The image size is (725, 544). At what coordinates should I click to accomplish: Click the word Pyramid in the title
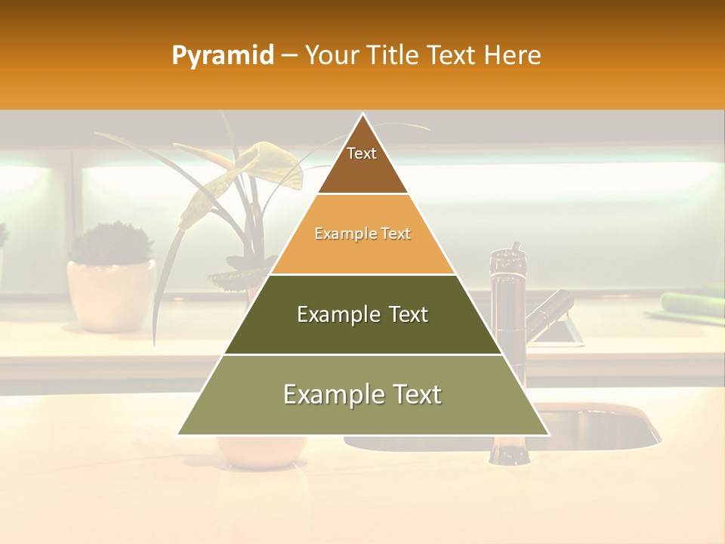tap(223, 56)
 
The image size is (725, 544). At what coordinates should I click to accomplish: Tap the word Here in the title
tap(513, 56)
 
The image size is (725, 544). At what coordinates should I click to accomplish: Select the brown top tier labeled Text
tap(362, 162)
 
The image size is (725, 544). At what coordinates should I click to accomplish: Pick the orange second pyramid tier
tap(362, 236)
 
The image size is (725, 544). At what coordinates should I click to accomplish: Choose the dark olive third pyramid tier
tap(362, 315)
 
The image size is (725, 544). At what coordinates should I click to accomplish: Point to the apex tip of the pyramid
tap(362, 115)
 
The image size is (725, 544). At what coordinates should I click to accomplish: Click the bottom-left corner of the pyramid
tap(179, 434)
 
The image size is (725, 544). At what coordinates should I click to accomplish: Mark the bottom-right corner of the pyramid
tap(548, 434)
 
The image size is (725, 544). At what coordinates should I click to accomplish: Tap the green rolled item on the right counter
tap(692, 301)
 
